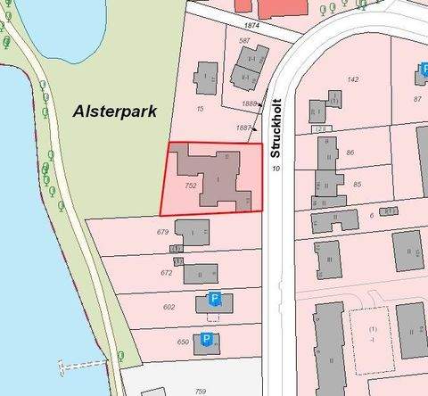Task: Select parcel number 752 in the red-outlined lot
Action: (x=190, y=186)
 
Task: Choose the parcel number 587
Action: (x=243, y=41)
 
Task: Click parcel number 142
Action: (x=352, y=79)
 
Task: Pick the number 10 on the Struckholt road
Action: (x=276, y=168)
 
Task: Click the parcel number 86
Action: (x=350, y=153)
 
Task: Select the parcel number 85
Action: (x=357, y=185)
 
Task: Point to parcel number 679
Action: (x=163, y=232)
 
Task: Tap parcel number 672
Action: (x=166, y=273)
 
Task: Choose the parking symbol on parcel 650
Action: (x=206, y=340)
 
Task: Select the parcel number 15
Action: (x=201, y=109)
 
